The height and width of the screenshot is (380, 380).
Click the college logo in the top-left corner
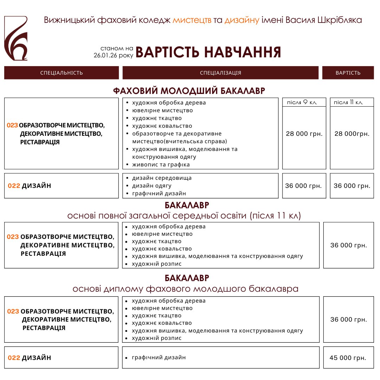pyautogui.click(x=16, y=38)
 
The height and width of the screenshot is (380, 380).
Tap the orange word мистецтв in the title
pyautogui.click(x=192, y=20)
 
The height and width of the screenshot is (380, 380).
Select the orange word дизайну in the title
pyautogui.click(x=242, y=20)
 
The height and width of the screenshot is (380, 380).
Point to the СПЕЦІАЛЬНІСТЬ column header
pyautogui.click(x=62, y=73)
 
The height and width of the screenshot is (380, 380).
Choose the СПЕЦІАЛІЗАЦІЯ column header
pyautogui.click(x=221, y=73)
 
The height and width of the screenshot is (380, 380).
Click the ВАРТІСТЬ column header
pyautogui.click(x=348, y=73)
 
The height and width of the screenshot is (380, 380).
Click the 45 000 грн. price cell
pyautogui.click(x=348, y=358)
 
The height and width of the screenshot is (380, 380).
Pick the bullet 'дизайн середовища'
pyautogui.click(x=162, y=178)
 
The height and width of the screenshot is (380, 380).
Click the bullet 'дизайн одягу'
pyautogui.click(x=152, y=186)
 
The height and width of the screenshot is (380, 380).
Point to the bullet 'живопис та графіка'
pyautogui.click(x=161, y=165)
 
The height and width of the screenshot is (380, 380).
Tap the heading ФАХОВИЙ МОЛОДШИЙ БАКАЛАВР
pyautogui.click(x=189, y=91)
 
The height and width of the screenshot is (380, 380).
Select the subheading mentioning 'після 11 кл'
pyautogui.click(x=184, y=215)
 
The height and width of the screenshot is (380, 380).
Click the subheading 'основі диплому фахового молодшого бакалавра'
pyautogui.click(x=185, y=289)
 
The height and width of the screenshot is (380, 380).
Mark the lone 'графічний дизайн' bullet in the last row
pyautogui.click(x=158, y=357)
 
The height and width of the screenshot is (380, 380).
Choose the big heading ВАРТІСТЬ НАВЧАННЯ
pyautogui.click(x=208, y=52)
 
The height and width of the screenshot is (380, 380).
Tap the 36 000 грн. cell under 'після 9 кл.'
pyautogui.click(x=303, y=186)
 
